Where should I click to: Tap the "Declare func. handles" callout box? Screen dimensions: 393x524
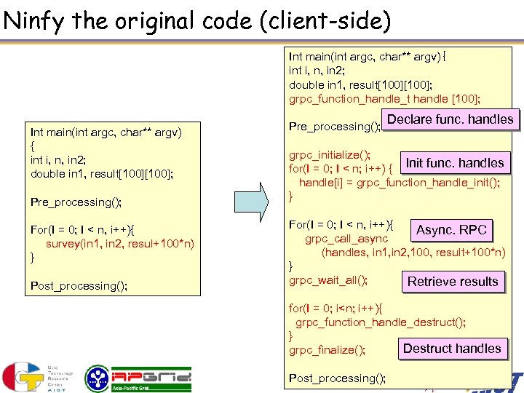pos(450,119)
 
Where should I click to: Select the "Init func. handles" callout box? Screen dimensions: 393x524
pos(454,162)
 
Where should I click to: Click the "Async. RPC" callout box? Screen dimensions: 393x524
pos(450,230)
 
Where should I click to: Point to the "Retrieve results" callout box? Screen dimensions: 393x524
pos(453,282)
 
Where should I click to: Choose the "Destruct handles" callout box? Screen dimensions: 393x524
pos(452,349)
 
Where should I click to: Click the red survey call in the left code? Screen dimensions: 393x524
pos(120,243)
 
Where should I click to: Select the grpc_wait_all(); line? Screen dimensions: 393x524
pos(328,279)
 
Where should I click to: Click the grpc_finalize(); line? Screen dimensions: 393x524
pos(327,350)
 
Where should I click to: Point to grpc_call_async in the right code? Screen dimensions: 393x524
pos(346,239)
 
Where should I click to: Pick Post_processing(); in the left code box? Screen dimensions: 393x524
pos(79,285)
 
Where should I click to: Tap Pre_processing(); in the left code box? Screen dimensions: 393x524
pos(76,201)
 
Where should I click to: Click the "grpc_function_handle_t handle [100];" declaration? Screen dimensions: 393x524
pos(384,99)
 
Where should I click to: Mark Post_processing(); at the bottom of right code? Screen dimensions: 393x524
pos(337,378)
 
